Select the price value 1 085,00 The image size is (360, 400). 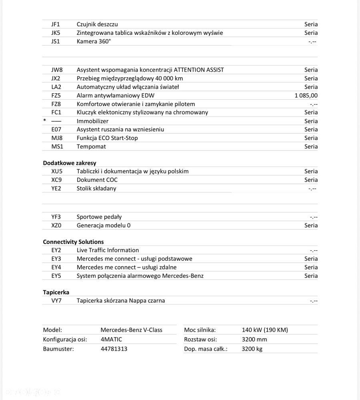click(306, 95)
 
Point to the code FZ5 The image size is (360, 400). click(57, 95)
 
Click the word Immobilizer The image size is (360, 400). click(92, 121)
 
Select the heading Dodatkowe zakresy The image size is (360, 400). click(70, 163)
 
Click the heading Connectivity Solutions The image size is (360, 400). click(73, 241)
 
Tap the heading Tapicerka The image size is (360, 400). click(56, 292)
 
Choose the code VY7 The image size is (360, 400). click(56, 300)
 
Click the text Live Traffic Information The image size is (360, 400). click(108, 250)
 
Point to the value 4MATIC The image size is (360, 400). click(111, 339)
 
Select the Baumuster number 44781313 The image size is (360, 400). click(114, 348)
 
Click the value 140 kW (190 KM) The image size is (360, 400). click(265, 330)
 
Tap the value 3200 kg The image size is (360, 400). click(252, 348)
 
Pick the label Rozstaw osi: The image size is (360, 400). click(200, 339)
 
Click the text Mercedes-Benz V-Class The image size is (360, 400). click(131, 330)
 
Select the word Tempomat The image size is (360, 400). click(91, 146)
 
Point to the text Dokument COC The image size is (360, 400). click(97, 180)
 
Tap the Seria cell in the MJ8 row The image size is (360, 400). click(311, 138)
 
